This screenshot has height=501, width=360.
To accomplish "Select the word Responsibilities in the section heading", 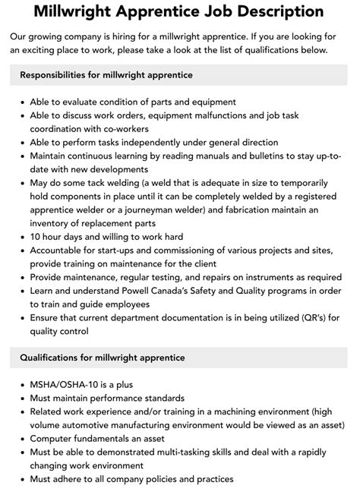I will (x=60, y=75).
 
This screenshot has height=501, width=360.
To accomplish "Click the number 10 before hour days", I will (x=36, y=237).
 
